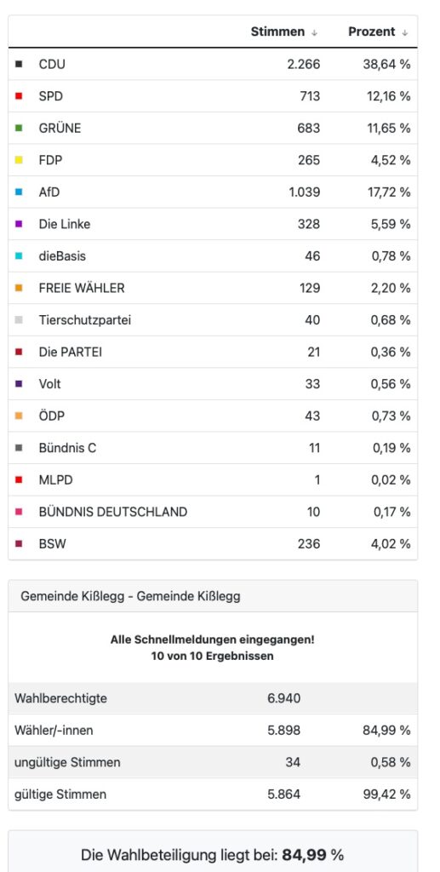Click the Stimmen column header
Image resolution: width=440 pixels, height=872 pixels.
[277, 32]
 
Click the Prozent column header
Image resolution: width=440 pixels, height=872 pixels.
[372, 32]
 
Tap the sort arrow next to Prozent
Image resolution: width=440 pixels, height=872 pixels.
[405, 33]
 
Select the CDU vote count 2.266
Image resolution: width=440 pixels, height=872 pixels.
[303, 65]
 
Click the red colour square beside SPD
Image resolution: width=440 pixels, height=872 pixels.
[19, 96]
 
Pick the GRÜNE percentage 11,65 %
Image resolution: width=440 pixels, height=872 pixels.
[388, 129]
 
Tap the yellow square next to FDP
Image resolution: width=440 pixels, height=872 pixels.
[19, 160]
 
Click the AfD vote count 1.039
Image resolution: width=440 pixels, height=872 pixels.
[305, 192]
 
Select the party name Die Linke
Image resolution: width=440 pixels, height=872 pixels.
[65, 224]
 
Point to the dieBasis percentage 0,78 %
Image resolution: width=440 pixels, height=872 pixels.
[391, 256]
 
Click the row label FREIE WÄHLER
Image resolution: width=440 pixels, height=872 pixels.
[82, 288]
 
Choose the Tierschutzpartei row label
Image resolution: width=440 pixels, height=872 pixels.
[85, 320]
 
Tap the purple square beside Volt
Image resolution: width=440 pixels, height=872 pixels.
[19, 384]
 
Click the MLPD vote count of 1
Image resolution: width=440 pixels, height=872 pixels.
[317, 480]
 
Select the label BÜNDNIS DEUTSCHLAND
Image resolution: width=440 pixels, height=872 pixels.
[113, 512]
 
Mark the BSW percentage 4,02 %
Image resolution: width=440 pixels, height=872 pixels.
[391, 544]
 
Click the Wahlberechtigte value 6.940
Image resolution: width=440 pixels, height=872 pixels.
[284, 698]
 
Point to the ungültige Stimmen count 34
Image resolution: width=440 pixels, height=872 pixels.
[293, 762]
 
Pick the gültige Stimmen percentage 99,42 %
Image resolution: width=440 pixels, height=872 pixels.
[386, 795]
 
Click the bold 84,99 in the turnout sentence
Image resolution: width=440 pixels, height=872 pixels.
[304, 854]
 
